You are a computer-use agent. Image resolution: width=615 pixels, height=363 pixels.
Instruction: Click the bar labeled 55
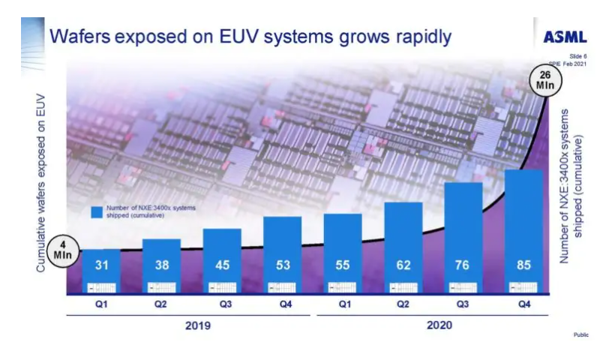tap(343, 253)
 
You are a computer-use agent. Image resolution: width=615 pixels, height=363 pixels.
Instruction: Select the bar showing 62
tap(403, 247)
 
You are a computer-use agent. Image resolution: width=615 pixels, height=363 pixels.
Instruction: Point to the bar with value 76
tap(463, 237)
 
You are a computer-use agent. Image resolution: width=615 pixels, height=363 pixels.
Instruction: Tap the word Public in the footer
tap(580, 334)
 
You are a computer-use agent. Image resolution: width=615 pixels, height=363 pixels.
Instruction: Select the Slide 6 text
tap(577, 56)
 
